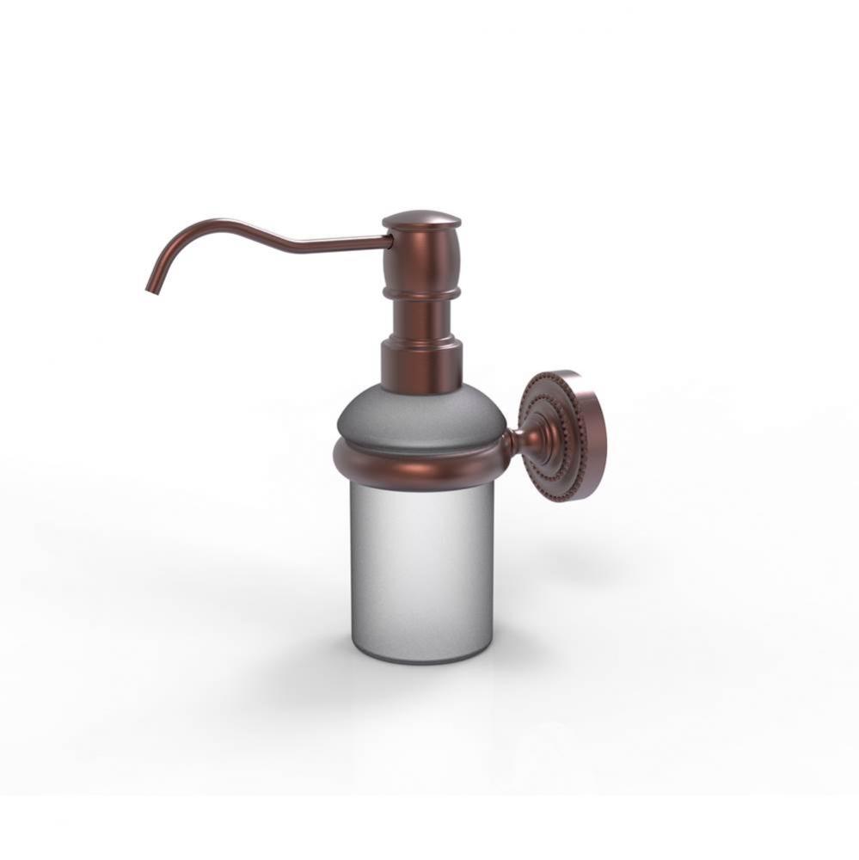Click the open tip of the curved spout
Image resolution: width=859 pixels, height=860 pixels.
click(151, 291)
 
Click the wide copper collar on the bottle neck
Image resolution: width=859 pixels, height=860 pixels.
click(420, 365)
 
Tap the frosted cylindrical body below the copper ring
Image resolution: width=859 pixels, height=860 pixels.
click(420, 568)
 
